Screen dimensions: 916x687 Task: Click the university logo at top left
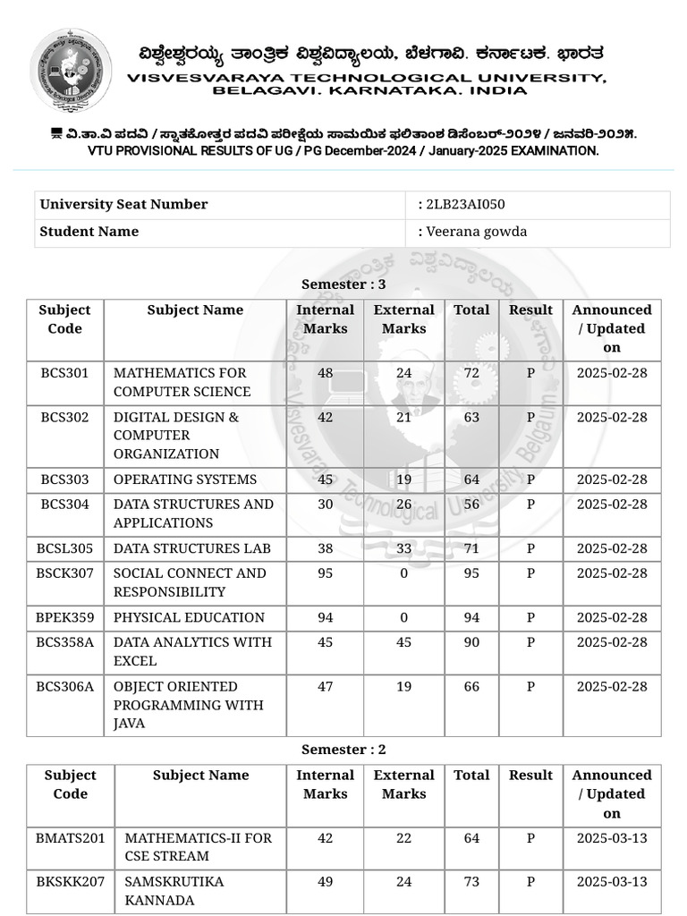pos(71,69)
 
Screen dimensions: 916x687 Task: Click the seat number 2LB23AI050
pos(466,204)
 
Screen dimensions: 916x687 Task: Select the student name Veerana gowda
pos(476,232)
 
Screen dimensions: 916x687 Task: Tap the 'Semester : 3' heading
pos(343,284)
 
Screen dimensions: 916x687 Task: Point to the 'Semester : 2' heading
pos(343,750)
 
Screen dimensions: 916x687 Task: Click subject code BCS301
pos(64,372)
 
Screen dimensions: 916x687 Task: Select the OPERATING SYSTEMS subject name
pos(185,479)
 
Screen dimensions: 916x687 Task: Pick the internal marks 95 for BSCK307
pos(325,572)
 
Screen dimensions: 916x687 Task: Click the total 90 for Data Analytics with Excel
pos(471,641)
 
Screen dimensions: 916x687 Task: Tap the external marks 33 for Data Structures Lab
pos(403,548)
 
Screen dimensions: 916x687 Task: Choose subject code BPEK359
pos(64,617)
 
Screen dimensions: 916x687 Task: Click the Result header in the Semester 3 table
pos(530,310)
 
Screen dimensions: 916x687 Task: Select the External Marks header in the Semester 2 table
pos(403,785)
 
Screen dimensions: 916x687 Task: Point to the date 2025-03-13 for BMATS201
pos(612,838)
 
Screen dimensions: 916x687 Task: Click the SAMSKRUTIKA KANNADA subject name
pos(174,890)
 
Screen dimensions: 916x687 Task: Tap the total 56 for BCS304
pos(471,505)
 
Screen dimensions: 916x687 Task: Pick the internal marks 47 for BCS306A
pos(325,686)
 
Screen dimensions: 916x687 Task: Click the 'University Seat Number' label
pos(123,204)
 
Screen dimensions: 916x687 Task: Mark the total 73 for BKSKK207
pos(471,881)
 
